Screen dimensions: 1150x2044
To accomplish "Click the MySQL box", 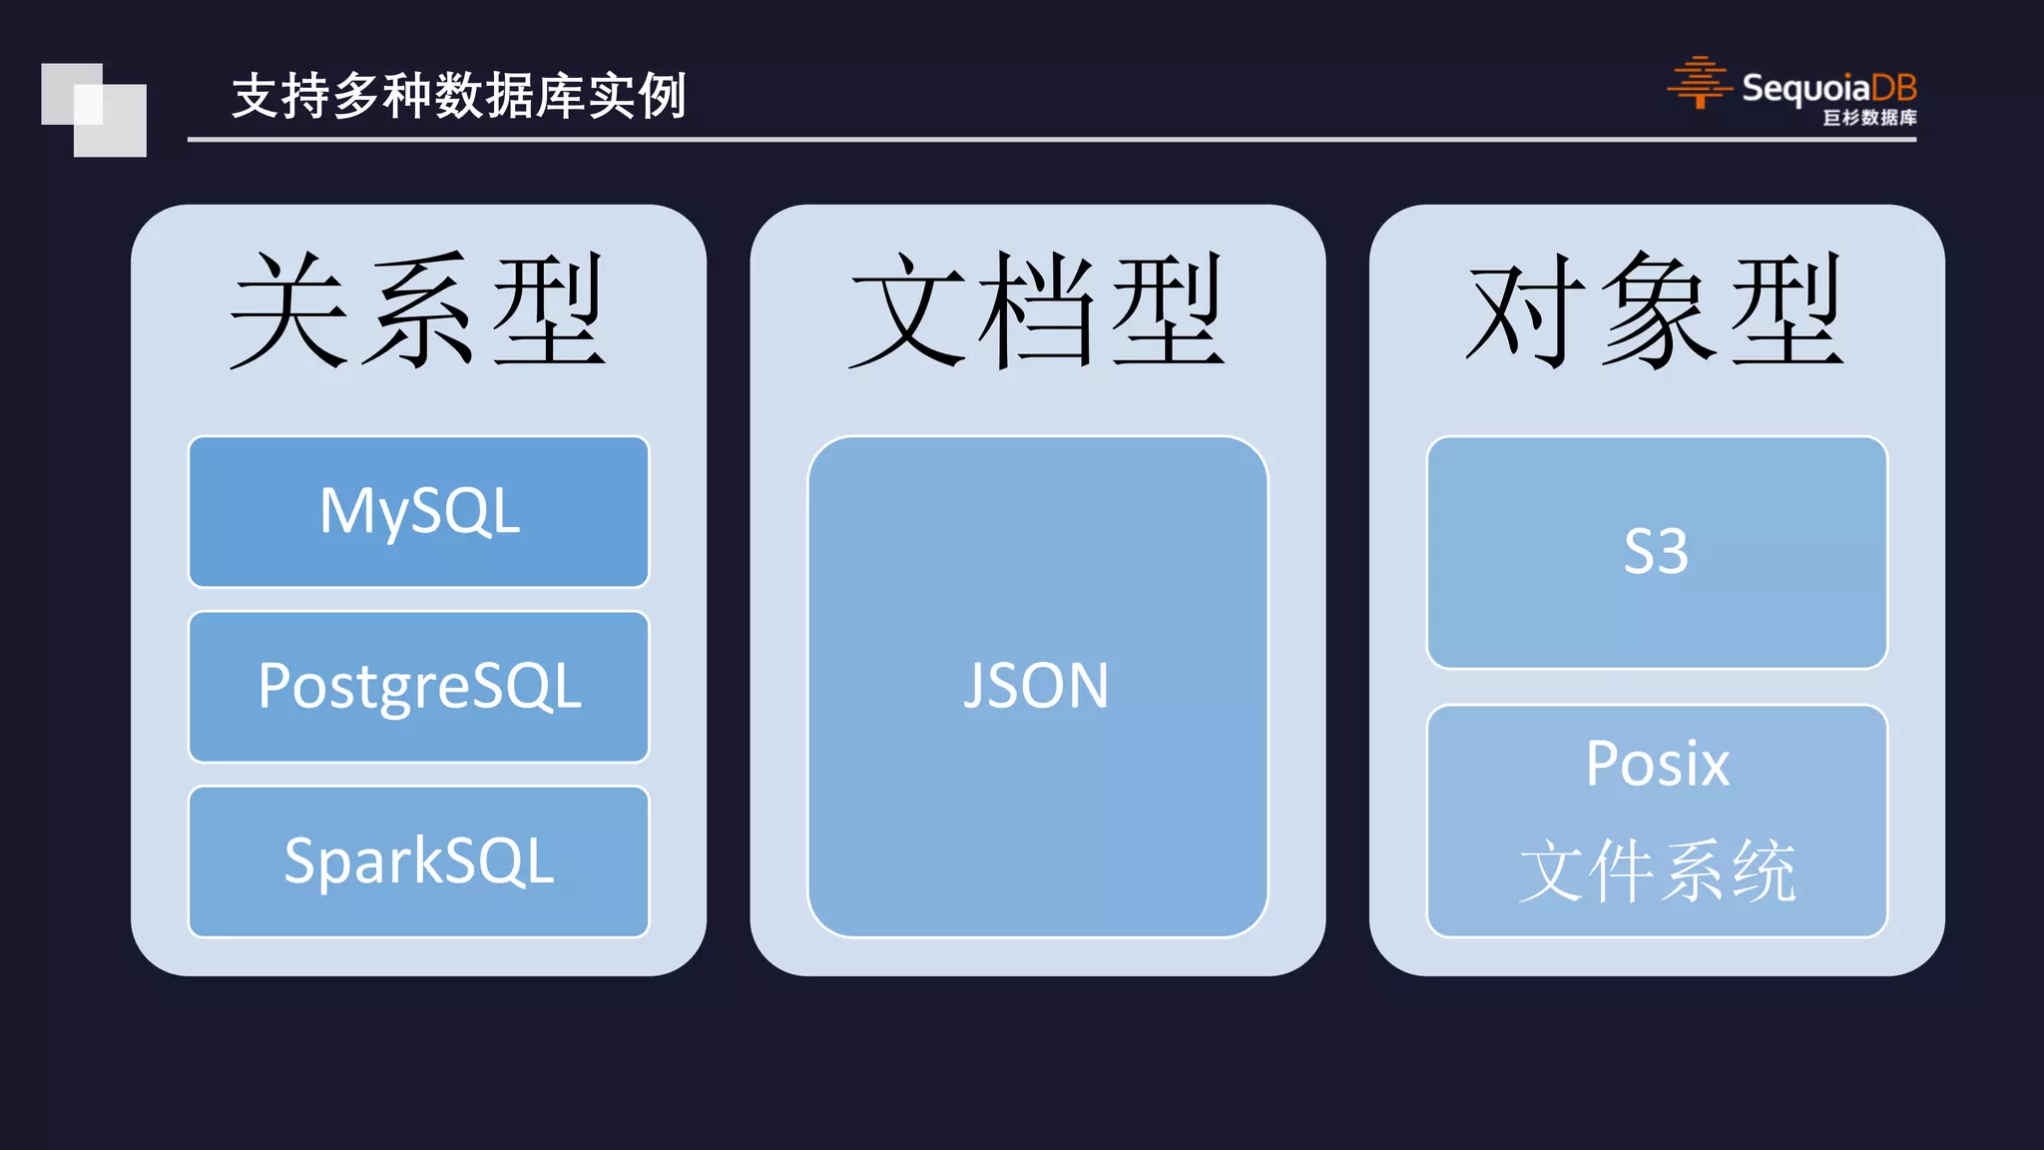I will pyautogui.click(x=418, y=511).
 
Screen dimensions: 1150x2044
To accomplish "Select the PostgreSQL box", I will pyautogui.click(x=418, y=687).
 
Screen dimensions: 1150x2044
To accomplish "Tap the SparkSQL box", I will pyautogui.click(x=418, y=862).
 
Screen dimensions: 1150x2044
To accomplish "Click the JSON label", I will pyautogui.click(x=1036, y=686).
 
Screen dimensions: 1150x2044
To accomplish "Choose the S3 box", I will pyautogui.click(x=1656, y=552).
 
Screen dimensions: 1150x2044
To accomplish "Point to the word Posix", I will pyautogui.click(x=1657, y=764).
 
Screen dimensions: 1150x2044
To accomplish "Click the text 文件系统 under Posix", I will pyautogui.click(x=1657, y=871).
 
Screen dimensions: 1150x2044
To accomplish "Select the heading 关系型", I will pyautogui.click(x=418, y=309).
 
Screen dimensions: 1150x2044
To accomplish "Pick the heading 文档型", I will pyautogui.click(x=1037, y=309).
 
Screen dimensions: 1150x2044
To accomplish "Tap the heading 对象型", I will pyautogui.click(x=1656, y=309).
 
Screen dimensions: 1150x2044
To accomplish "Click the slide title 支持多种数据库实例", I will pyautogui.click(x=458, y=96).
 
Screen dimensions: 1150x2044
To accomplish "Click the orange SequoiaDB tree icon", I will pyautogui.click(x=1699, y=83).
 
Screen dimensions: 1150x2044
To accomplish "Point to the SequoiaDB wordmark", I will pyautogui.click(x=1828, y=88).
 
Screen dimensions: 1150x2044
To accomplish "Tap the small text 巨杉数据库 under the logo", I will pyautogui.click(x=1869, y=118).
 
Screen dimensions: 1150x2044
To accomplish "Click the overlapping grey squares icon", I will pyautogui.click(x=94, y=110).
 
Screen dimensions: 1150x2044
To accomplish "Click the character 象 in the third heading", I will pyautogui.click(x=1657, y=309).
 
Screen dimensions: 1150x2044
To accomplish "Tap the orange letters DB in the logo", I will pyautogui.click(x=1893, y=88).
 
